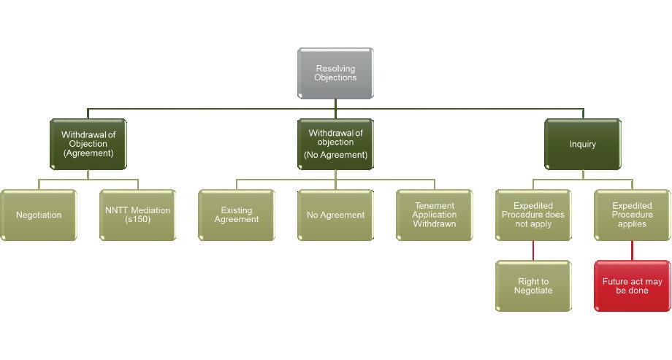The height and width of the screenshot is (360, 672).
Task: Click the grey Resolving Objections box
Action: [335, 73]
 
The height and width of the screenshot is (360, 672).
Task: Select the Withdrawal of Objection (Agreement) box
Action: [88, 144]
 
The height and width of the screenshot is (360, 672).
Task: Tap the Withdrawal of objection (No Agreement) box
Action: [335, 144]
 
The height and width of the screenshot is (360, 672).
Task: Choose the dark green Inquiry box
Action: [583, 144]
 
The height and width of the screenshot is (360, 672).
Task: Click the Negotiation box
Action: [39, 215]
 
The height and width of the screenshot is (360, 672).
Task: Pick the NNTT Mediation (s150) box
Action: [137, 215]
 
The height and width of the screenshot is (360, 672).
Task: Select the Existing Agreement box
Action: [237, 215]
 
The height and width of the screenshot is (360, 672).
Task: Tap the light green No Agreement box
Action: [335, 215]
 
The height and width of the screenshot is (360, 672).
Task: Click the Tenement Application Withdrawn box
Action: [434, 215]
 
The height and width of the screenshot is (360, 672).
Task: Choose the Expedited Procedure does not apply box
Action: [533, 215]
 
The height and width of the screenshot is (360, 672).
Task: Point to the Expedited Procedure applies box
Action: [632, 215]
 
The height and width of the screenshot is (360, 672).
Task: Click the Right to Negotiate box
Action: [533, 286]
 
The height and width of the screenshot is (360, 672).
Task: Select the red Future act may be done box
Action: [632, 286]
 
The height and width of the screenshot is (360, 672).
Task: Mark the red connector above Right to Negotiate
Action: [533, 250]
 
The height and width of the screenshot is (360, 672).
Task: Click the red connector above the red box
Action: [632, 250]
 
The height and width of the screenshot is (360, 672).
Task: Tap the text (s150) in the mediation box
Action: [137, 220]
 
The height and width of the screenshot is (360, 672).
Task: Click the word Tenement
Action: [435, 206]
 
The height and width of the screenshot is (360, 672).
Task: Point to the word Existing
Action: [237, 210]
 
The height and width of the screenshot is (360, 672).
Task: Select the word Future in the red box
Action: [616, 281]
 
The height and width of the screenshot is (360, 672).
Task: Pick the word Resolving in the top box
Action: [336, 69]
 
